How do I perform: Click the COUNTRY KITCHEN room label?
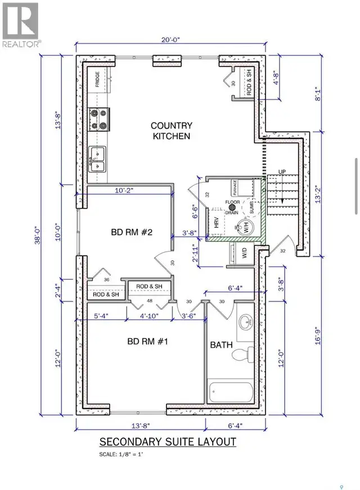tap(172, 131)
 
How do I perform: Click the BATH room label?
tap(222, 344)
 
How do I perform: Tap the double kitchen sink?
tap(98, 158)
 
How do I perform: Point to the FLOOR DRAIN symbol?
tap(231, 207)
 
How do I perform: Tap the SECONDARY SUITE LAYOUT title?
tap(167, 442)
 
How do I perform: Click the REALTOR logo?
tap(20, 25)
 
